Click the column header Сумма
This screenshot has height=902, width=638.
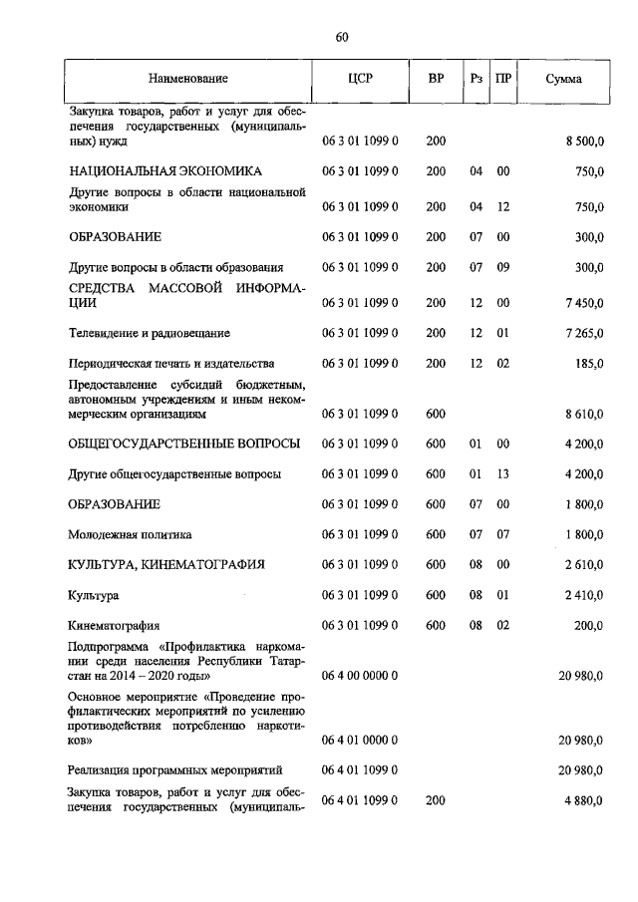click(x=564, y=78)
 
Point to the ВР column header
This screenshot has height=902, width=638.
click(x=436, y=78)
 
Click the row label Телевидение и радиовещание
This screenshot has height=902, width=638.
click(x=143, y=332)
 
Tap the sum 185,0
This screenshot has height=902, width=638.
click(x=588, y=364)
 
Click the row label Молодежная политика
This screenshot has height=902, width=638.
click(x=131, y=535)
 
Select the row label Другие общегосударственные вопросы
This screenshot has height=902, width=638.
click(x=174, y=473)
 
